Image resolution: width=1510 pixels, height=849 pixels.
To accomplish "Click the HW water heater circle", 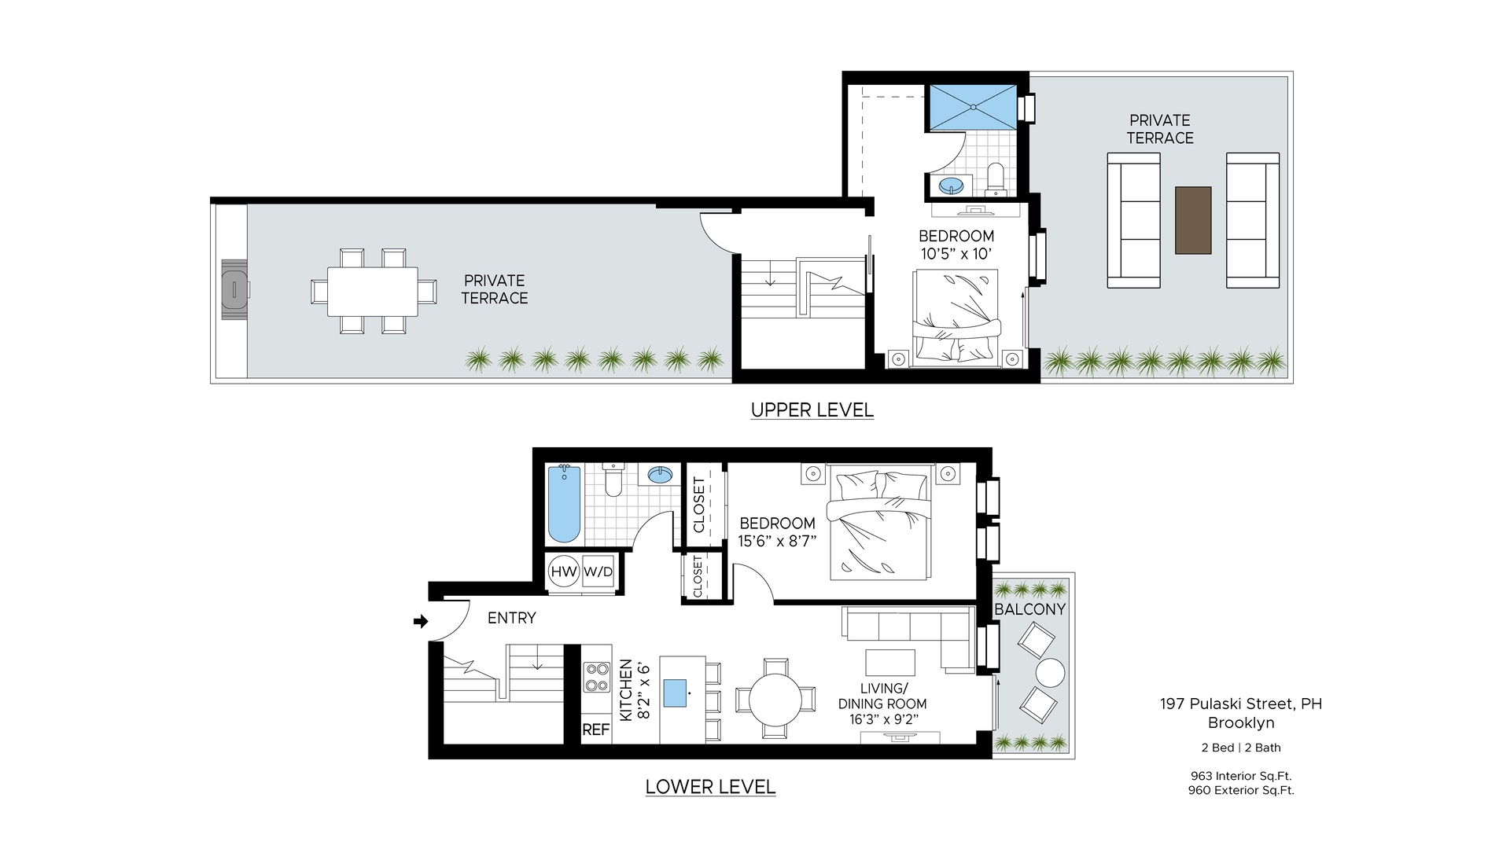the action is coord(564,572).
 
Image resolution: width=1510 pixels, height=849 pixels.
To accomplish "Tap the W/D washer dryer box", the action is coord(598,572).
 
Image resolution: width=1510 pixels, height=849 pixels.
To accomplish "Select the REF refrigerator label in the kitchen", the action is coord(595,730).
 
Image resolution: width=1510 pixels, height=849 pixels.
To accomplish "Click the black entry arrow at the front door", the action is coord(421,621).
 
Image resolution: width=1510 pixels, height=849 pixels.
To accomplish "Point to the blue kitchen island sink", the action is coord(675,693).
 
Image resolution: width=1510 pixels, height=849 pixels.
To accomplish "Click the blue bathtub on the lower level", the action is coord(563,504).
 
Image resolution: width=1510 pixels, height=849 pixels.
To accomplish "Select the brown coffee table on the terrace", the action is coord(1193,220).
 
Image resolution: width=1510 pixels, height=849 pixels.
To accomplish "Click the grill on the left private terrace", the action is coord(234,289).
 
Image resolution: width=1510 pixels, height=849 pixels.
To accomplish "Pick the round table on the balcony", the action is coord(1050,673).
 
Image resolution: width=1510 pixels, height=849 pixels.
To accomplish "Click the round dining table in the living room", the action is coord(775,698).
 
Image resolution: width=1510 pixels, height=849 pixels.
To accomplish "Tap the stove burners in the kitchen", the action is coord(597,677).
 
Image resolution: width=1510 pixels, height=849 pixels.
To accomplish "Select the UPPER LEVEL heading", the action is coord(812,410).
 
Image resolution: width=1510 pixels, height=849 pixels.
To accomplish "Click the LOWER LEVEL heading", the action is coord(710,786).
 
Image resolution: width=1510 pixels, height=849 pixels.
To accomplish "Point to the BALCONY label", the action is coord(1029,609).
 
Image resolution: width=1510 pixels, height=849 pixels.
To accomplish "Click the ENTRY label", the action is coord(511,618).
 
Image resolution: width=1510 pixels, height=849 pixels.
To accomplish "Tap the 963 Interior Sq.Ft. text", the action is coord(1241,776).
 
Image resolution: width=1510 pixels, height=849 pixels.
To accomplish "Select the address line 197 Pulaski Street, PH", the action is coord(1241,704).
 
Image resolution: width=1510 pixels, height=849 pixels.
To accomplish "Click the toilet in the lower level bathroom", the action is coord(613,480).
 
